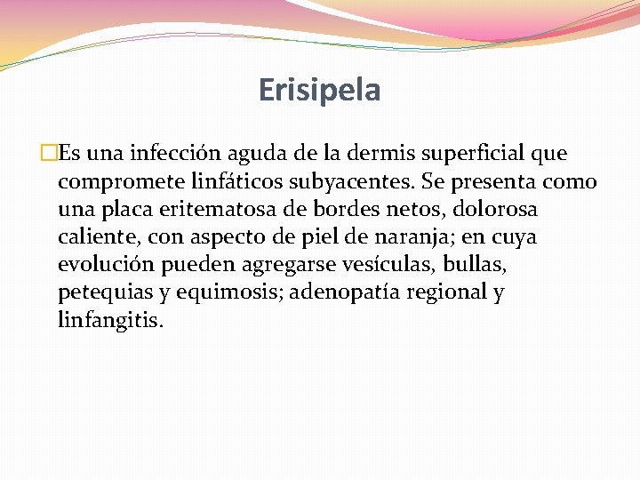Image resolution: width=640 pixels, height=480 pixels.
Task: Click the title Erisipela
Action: click(319, 90)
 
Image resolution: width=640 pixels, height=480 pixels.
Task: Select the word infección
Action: click(169, 154)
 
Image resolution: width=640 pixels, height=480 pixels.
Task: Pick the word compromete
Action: click(121, 182)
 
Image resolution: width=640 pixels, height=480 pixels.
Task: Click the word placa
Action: click(134, 210)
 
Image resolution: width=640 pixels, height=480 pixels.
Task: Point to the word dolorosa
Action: click(499, 210)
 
